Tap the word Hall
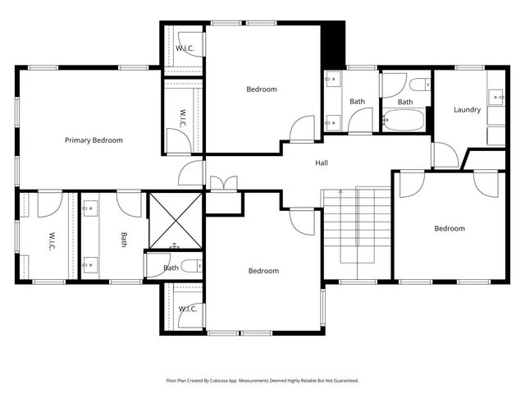[322, 163]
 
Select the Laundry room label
[467, 110]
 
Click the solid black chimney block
[332, 44]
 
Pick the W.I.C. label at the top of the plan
[185, 48]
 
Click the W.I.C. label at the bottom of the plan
[186, 309]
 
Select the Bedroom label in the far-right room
[449, 229]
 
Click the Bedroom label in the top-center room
[262, 89]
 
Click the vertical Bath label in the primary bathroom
[124, 240]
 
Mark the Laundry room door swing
[445, 156]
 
